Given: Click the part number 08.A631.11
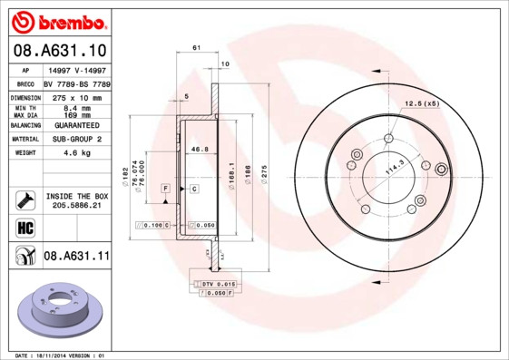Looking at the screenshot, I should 76,256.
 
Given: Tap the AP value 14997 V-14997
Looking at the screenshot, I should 75,70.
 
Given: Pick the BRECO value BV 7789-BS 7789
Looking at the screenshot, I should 77,83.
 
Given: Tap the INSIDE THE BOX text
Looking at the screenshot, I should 77,196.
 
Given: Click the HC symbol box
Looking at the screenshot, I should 24,228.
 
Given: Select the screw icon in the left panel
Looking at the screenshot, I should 24,199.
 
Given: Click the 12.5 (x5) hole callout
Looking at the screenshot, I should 421,103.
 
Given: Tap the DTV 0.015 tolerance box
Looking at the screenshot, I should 213,285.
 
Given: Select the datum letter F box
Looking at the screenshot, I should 165,188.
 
